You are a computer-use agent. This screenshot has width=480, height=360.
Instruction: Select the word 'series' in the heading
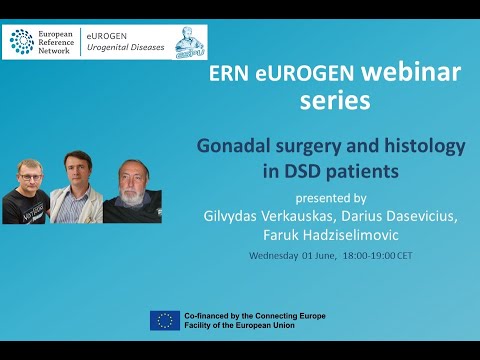pyautogui.click(x=334, y=101)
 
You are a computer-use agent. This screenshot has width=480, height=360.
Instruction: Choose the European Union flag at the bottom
pyautogui.click(x=165, y=320)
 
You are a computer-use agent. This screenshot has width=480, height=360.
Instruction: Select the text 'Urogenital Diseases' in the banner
pyautogui.click(x=123, y=47)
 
